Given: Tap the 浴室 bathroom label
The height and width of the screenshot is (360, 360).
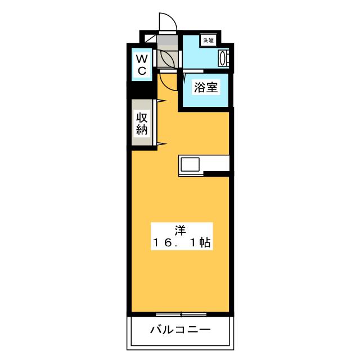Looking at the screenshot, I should point(204,88).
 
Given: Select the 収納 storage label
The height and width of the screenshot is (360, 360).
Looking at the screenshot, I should point(142,123).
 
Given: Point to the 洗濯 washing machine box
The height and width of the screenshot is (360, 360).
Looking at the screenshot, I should point(209,40).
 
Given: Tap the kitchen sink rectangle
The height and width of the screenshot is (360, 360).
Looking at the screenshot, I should point(189,165).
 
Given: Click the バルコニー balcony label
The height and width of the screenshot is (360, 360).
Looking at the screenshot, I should point(180,330).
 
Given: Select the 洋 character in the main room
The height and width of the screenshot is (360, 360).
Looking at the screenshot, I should point(180,229).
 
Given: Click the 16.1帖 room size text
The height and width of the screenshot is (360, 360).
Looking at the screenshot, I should point(180,243).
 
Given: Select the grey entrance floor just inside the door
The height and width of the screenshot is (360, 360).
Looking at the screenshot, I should point(167,40).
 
